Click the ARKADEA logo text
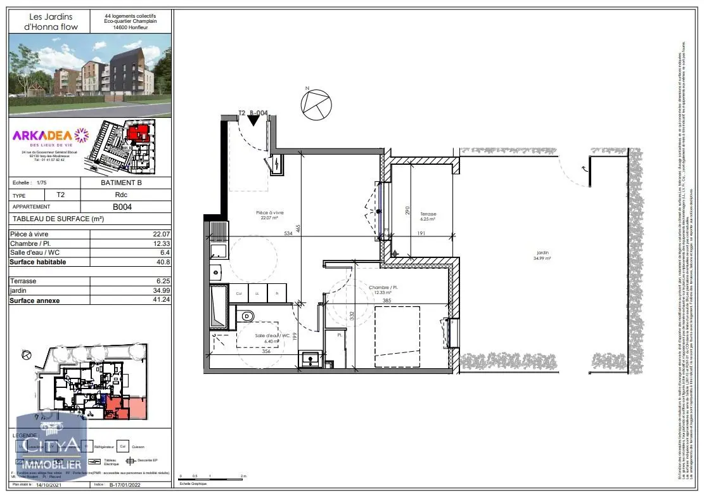pos(42,134)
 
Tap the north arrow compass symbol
pos(315,103)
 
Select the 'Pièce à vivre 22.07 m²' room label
pos(270,215)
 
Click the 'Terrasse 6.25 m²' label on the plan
pos(428,217)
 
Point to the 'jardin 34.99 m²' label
pos(542,255)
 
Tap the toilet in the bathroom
pos(248,316)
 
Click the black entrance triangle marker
pos(253,120)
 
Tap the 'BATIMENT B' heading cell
pos(126,183)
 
